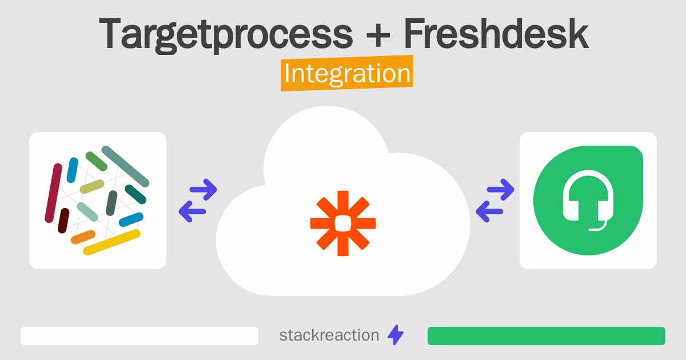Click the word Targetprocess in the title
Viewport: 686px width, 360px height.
click(226, 35)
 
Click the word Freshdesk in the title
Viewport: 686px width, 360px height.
click(496, 33)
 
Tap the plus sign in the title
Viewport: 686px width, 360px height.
click(378, 35)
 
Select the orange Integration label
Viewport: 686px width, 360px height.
click(348, 73)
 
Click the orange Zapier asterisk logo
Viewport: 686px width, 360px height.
click(343, 223)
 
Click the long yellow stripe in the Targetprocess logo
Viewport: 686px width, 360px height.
click(112, 242)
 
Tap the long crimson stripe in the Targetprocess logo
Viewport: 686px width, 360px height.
click(54, 193)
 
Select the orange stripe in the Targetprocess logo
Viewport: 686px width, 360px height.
click(83, 237)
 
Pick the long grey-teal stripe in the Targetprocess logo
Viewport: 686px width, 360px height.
click(125, 166)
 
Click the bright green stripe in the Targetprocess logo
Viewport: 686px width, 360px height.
click(97, 161)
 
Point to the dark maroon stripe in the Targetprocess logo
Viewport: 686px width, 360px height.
click(63, 221)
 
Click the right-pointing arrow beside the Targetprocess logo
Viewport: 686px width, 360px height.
click(204, 190)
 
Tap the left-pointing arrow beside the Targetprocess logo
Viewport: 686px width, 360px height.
click(192, 211)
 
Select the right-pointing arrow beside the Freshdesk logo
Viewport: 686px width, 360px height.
click(500, 190)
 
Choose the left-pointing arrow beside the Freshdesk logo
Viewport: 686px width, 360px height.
click(489, 211)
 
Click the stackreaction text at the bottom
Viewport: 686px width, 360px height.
click(329, 335)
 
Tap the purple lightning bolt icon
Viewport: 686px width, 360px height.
click(396, 335)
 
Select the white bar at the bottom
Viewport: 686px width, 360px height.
click(139, 336)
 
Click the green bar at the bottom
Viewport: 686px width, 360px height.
click(547, 336)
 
